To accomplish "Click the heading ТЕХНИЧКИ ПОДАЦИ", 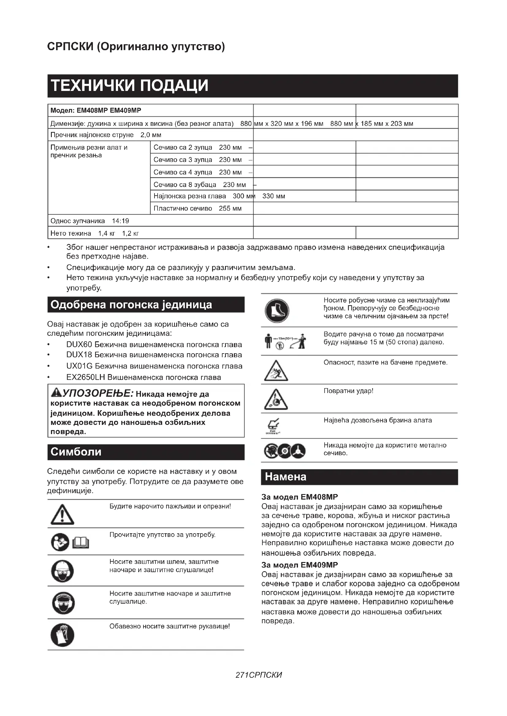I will tap(129, 86).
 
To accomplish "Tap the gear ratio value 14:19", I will tap(120, 221).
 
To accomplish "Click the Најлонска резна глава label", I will tap(189, 196).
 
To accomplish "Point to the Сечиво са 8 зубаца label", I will tap(185, 185).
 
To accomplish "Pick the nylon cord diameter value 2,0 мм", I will tap(151, 135).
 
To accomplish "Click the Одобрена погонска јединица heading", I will tap(131, 305).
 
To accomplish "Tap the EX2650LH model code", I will tap(86, 377).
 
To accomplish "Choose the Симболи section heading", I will tap(76, 452).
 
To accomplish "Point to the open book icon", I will tap(81, 543).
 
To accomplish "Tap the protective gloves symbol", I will tap(62, 635).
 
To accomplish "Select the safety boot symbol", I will tap(277, 311).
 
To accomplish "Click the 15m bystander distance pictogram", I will tap(285, 341).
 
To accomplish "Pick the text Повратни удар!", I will tap(349, 391).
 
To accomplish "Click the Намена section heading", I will tap(285, 477).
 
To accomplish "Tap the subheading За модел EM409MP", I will tap(299, 565).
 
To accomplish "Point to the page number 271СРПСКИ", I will tap(259, 675).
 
